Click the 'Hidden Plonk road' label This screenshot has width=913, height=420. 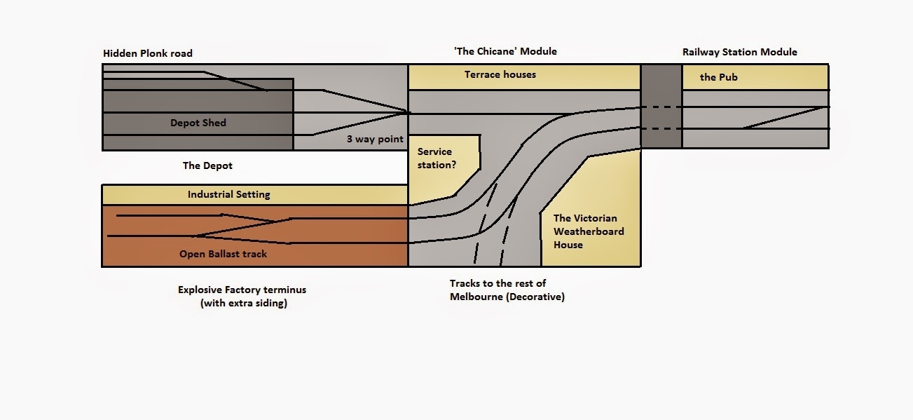click(148, 53)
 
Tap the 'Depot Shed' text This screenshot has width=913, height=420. click(198, 123)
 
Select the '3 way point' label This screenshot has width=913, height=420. click(375, 139)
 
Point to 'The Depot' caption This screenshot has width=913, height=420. click(207, 165)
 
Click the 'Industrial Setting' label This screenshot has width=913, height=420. click(228, 194)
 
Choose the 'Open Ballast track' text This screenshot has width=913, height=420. click(223, 254)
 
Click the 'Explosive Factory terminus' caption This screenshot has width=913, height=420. click(242, 290)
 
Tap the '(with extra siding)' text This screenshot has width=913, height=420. click(244, 303)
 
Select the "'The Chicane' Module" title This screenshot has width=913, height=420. click(505, 51)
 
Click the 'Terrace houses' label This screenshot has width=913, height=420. click(500, 74)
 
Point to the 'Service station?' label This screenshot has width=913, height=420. click(437, 158)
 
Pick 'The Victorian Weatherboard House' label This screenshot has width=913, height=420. click(589, 231)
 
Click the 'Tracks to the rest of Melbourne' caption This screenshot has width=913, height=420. click(507, 290)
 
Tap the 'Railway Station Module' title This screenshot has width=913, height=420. click(740, 52)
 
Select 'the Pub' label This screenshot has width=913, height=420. click(719, 77)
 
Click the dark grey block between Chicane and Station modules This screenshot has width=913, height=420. click(661, 106)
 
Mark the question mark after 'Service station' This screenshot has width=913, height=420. click(453, 165)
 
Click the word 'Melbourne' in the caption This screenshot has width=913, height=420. click(476, 297)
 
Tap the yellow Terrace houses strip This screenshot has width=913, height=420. click(524, 76)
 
